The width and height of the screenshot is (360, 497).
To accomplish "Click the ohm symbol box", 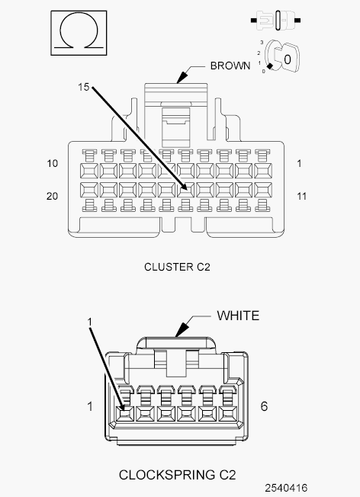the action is [x=79, y=33].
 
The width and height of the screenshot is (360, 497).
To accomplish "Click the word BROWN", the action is [x=230, y=66].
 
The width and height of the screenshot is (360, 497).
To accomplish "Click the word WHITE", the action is [x=238, y=316].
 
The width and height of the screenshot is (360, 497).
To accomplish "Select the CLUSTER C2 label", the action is [x=177, y=267].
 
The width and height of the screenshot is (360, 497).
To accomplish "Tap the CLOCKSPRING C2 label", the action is [x=177, y=475].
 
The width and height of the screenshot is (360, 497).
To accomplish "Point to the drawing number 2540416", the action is [x=287, y=488].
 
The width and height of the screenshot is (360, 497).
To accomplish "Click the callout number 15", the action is [x=84, y=87].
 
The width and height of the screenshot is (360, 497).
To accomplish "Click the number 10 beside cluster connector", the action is [x=53, y=164].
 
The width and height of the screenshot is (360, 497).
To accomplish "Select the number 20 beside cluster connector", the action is [x=53, y=196].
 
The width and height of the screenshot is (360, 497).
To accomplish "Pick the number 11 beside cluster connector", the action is [x=301, y=196].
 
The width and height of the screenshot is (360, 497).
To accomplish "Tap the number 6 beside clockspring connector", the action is [x=264, y=406].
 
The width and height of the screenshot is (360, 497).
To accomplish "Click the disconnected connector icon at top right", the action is [x=275, y=21].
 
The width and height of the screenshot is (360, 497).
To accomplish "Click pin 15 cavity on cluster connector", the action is [x=186, y=190].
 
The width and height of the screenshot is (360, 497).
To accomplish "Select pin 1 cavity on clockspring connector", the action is [x=124, y=414].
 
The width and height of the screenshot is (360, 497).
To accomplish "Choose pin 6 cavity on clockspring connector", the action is [x=228, y=414].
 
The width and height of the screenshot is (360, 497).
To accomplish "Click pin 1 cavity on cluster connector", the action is [x=263, y=172].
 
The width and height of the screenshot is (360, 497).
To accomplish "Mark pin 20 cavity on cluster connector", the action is [x=89, y=190].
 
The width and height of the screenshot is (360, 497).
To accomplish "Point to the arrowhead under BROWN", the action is [x=182, y=77].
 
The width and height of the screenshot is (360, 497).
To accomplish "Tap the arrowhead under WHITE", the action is [x=181, y=330].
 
